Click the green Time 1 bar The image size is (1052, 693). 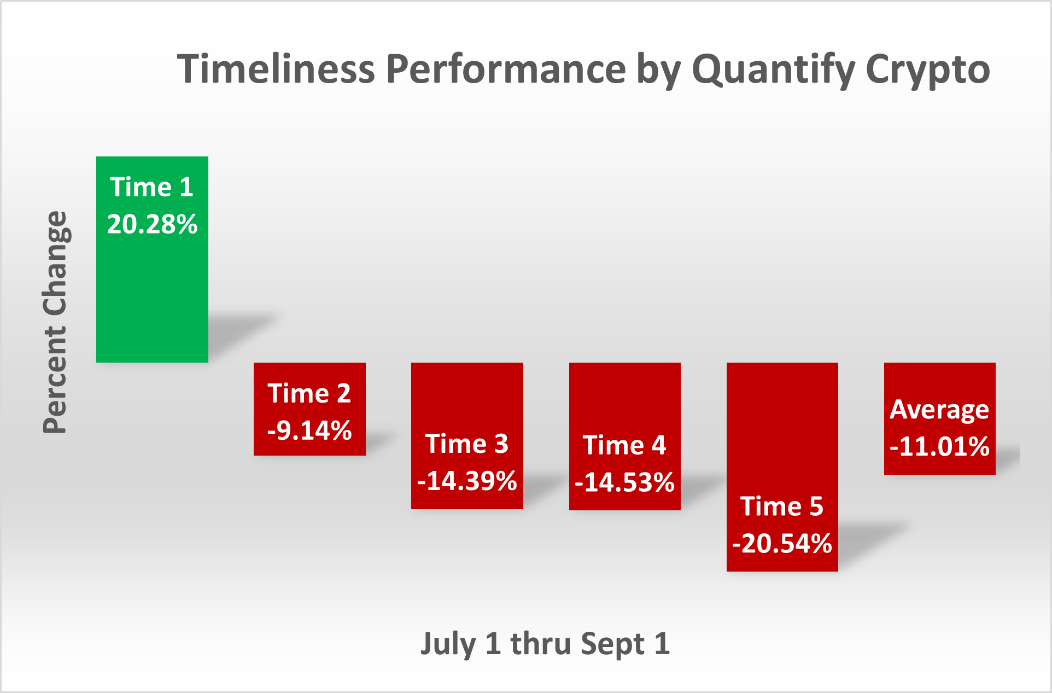tap(152, 259)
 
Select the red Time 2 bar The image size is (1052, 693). tap(309, 409)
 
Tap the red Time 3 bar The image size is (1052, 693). tap(467, 435)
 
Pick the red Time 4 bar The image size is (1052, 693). tap(625, 436)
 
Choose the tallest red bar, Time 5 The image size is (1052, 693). tap(782, 467)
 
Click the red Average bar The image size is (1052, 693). tap(940, 418)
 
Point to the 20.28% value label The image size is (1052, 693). tap(152, 224)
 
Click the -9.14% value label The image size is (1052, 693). tap(309, 430)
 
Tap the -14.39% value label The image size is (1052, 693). tap(467, 481)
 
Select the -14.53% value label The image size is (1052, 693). tap(625, 482)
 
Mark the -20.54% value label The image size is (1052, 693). tap(782, 544)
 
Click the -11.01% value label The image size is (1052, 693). tap(940, 446)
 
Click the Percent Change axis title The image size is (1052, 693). tap(56, 322)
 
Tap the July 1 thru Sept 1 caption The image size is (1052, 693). tap(545, 644)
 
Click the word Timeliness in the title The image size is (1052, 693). tap(276, 69)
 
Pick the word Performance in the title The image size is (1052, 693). tap(506, 69)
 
